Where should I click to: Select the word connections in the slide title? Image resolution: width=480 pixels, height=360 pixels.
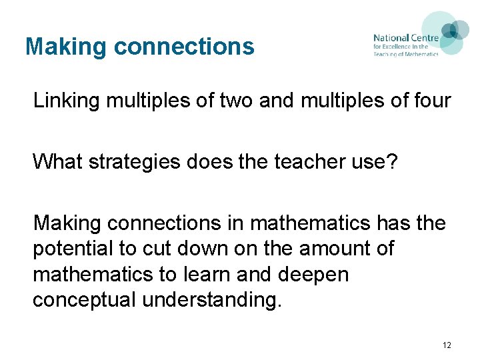pyautogui.click(x=184, y=47)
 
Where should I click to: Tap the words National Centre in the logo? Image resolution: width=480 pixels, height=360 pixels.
pyautogui.click(x=406, y=38)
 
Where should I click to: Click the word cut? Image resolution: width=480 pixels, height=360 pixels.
pyautogui.click(x=155, y=249)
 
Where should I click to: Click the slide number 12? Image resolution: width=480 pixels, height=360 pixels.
pyautogui.click(x=446, y=345)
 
